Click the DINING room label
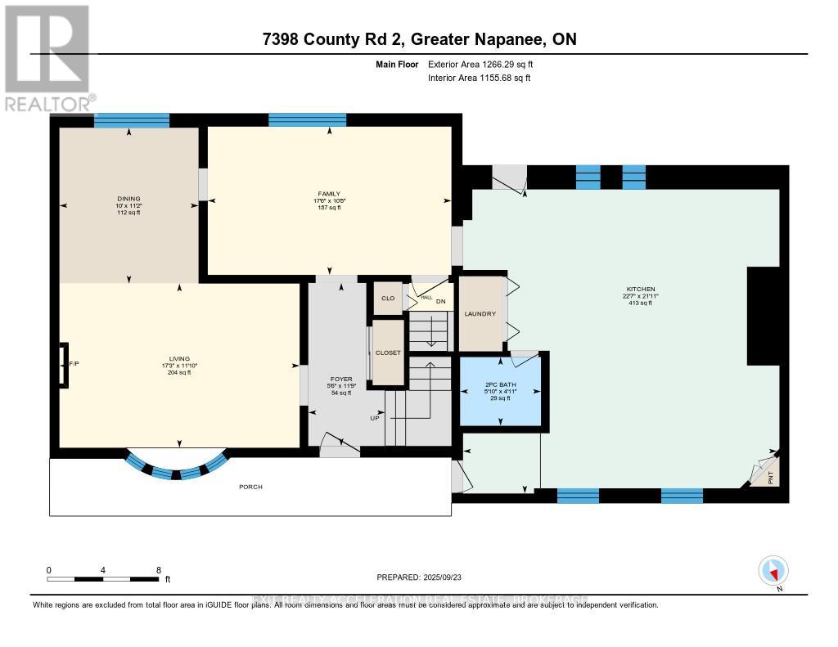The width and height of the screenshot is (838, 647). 128,198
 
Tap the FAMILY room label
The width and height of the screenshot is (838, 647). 329,194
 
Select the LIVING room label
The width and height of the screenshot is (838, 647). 179,358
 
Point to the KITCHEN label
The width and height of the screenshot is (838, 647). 641,290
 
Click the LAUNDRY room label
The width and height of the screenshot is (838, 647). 480,314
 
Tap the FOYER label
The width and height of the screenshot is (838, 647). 340,380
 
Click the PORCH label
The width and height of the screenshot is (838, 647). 250,487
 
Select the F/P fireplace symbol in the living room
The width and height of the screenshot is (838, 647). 63,363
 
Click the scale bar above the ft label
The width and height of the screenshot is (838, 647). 103,579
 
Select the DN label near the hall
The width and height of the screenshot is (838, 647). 440,300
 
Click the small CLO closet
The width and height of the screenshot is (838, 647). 388,298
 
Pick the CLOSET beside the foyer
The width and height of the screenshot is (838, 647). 388,353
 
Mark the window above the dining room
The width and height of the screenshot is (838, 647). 131,120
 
